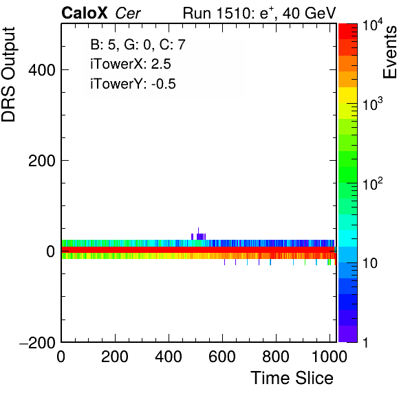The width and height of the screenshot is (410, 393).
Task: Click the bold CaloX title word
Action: click(85, 13)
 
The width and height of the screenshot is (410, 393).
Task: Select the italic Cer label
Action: click(128, 13)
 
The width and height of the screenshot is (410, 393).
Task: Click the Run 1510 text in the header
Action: click(217, 13)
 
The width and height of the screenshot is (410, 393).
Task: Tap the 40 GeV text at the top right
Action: click(309, 13)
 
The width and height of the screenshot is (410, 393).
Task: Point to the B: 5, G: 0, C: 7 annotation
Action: click(138, 45)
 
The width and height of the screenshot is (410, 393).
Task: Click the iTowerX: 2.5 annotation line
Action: click(131, 64)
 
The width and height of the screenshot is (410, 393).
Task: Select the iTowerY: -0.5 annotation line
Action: click(133, 84)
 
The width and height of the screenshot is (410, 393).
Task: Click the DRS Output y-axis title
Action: click(8, 74)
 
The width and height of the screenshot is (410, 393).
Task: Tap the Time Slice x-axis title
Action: click(292, 378)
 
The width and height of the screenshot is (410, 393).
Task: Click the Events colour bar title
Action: click(389, 52)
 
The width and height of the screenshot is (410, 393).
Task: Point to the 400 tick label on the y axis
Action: click(42, 70)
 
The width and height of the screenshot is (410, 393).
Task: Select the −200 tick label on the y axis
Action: click(37, 342)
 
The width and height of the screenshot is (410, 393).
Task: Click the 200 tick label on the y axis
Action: click(42, 161)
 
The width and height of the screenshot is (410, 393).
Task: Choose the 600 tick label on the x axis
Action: click(222, 357)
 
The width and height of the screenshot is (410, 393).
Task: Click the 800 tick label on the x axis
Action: click(276, 357)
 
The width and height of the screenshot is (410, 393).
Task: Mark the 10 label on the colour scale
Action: click(370, 263)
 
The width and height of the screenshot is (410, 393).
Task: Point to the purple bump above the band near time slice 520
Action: click(199, 236)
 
